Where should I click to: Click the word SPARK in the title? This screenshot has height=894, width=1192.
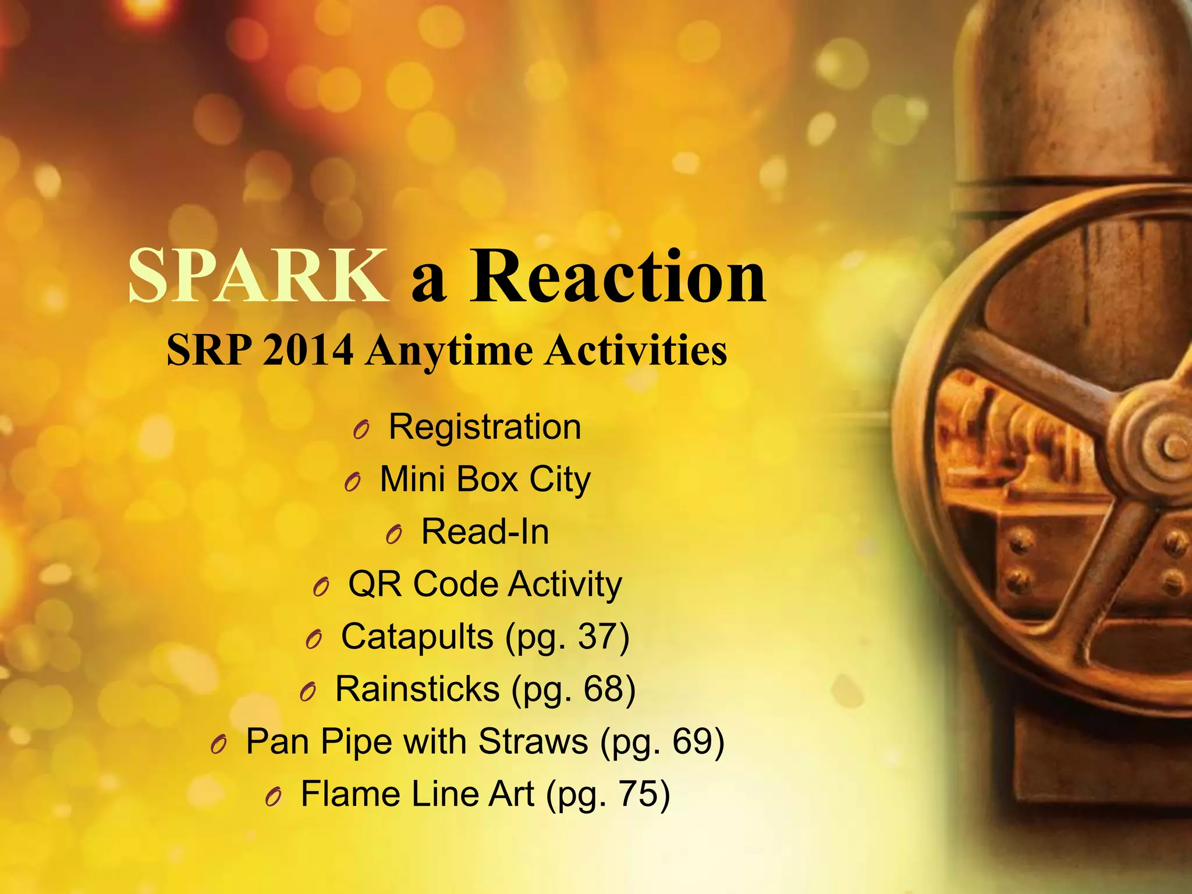(258, 275)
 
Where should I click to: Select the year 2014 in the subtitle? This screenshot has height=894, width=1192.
(308, 350)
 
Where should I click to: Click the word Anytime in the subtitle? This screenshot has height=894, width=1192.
(449, 352)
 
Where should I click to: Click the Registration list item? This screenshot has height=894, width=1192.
(485, 427)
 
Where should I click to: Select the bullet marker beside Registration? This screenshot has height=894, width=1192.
(361, 430)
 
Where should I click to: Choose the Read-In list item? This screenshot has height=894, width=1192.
(485, 531)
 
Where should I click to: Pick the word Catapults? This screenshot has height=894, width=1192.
(417, 637)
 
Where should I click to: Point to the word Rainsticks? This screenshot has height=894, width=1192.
(417, 689)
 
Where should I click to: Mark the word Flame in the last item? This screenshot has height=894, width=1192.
(342, 794)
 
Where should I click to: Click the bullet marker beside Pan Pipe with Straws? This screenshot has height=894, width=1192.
(218, 744)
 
